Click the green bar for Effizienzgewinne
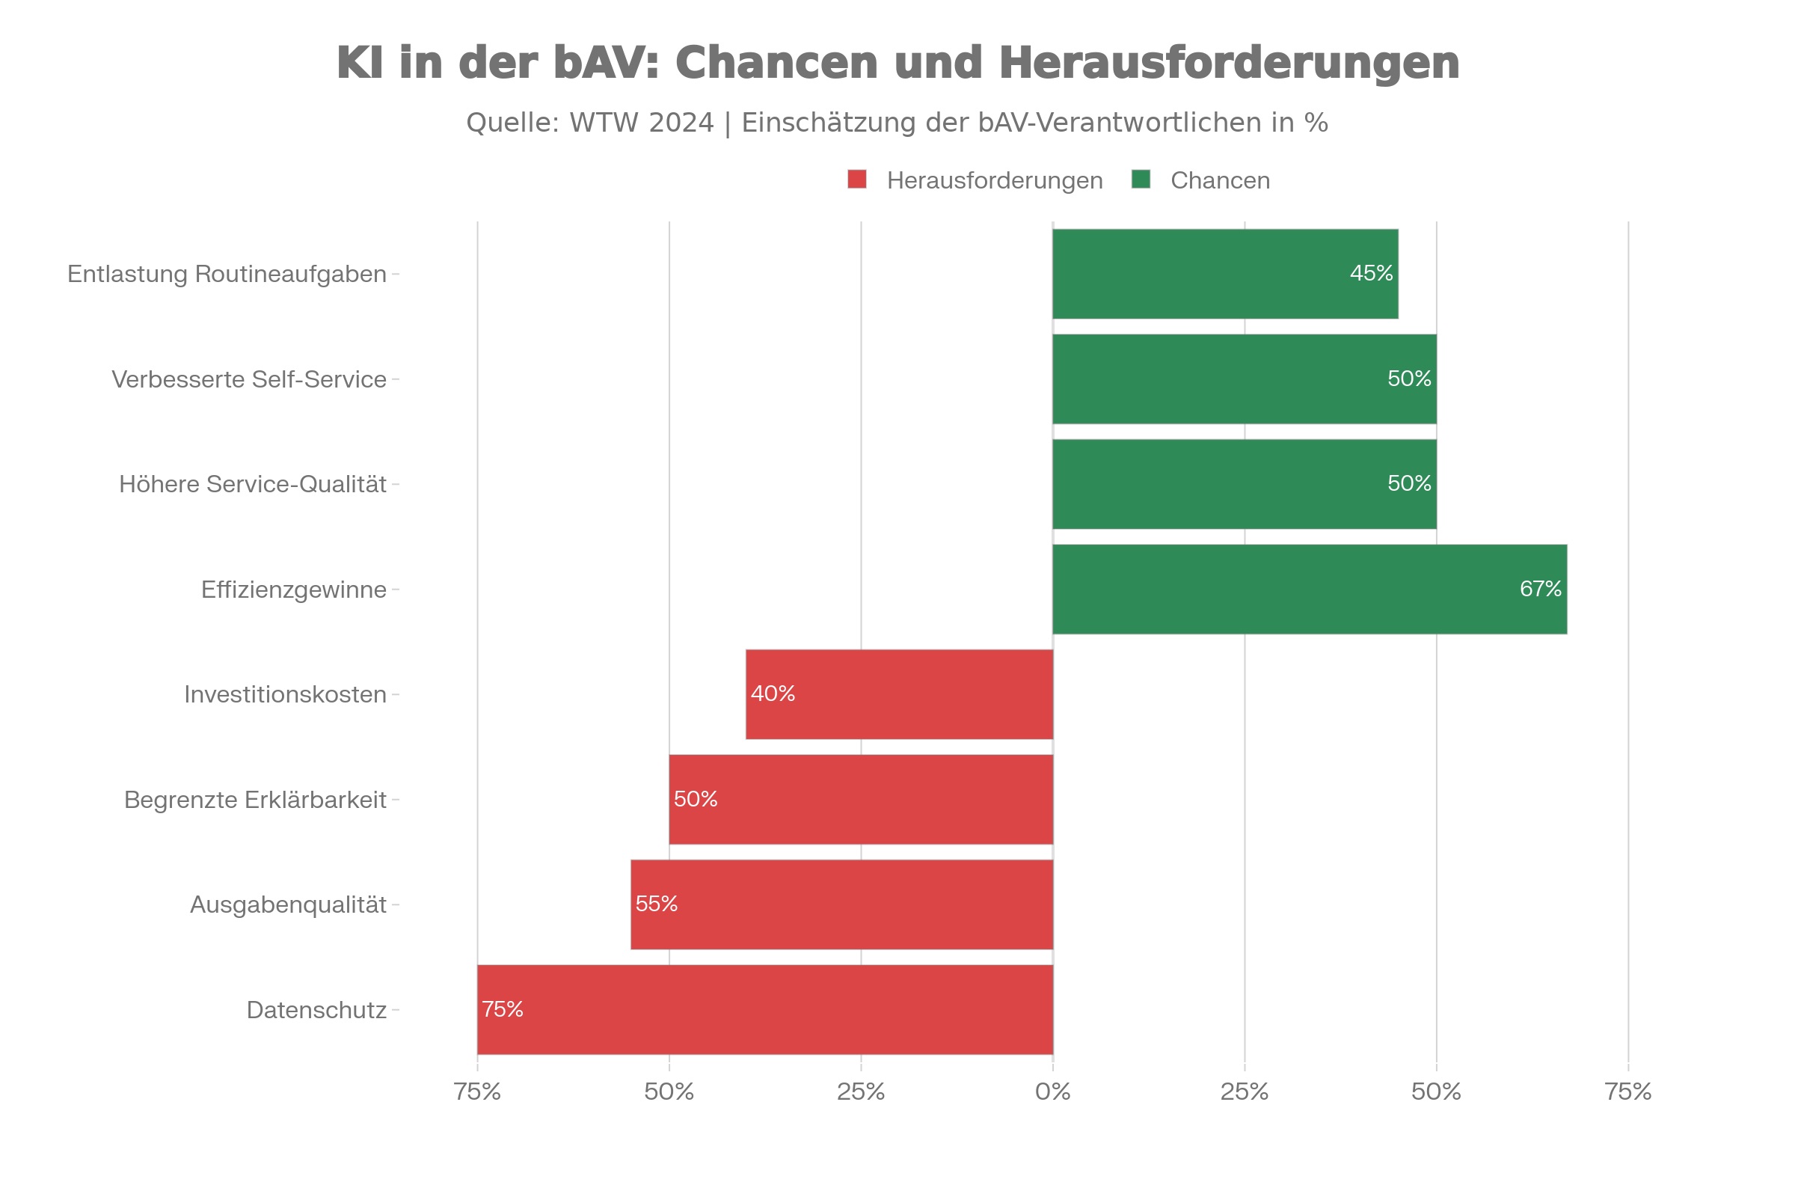point(1309,590)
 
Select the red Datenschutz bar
point(764,1010)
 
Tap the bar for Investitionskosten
point(899,695)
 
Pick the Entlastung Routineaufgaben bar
point(1225,274)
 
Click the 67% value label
point(1540,589)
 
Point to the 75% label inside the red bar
point(502,1009)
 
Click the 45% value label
point(1372,273)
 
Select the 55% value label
point(657,904)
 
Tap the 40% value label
point(773,694)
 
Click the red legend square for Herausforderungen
point(857,180)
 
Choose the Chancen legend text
point(1220,181)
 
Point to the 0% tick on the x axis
point(1052,1092)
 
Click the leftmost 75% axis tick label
point(477,1092)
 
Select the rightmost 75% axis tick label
point(1628,1092)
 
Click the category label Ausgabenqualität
point(288,904)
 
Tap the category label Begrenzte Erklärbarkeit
point(255,800)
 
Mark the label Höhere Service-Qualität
point(253,485)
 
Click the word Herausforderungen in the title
point(1229,63)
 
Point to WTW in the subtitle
point(604,123)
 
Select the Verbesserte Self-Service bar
point(1244,379)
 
